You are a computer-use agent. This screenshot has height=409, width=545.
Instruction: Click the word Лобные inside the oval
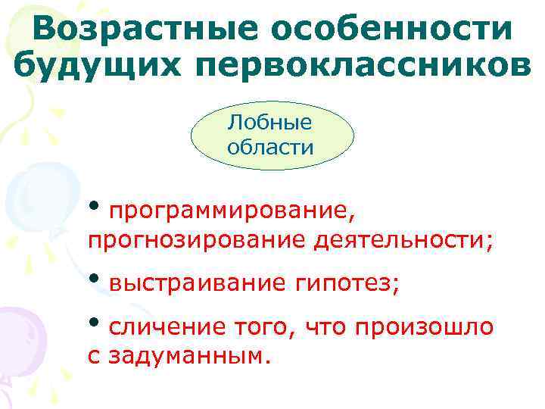[270, 122]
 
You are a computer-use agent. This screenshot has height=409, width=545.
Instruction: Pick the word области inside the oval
[270, 146]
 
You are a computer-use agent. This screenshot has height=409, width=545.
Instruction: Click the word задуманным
[188, 355]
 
